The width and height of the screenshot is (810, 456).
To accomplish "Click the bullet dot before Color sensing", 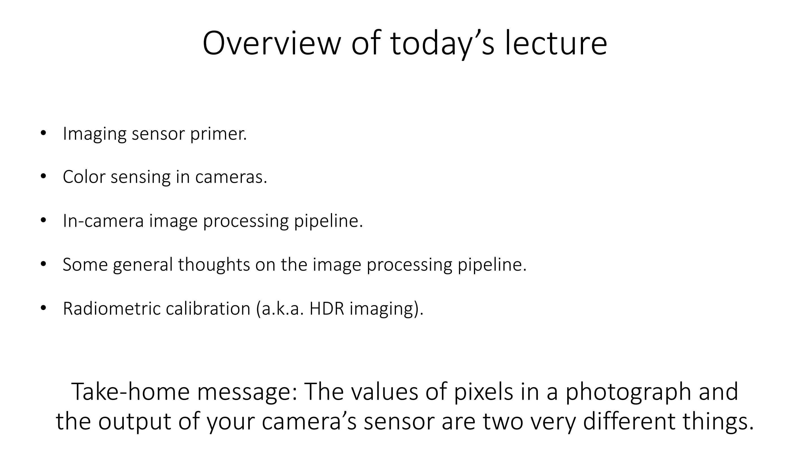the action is pos(44,176).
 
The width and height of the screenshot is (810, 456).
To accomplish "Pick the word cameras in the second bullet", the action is pos(231,177).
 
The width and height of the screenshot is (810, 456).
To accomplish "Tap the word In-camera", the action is pos(103,221).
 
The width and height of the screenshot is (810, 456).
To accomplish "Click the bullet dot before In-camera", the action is pos(44,220).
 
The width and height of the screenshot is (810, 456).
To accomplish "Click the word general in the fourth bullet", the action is pos(143,265).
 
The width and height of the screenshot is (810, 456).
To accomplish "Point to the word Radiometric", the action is pos(112,308).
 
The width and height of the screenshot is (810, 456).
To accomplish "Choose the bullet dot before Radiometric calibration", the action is pos(44,308).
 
